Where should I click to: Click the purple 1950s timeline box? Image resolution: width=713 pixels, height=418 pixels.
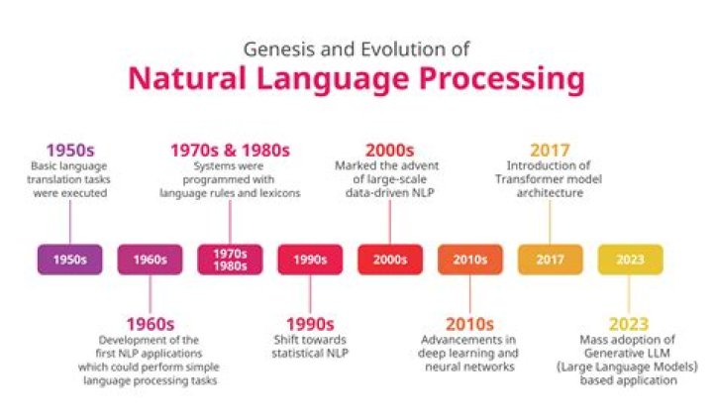69,260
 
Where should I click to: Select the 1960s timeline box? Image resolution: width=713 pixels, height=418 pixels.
150,260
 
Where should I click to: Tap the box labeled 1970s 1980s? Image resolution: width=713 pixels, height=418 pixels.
230,260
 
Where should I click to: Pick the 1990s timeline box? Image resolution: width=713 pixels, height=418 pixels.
310,260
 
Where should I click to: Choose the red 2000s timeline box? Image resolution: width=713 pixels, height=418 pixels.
390,260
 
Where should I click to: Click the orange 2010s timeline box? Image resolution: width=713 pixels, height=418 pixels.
470,260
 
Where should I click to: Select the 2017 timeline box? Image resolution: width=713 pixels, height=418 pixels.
550,260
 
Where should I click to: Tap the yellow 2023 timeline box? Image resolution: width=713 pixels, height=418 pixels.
630,260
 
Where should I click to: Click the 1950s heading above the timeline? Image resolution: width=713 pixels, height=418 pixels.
69,151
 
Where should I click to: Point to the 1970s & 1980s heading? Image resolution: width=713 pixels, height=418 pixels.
230,151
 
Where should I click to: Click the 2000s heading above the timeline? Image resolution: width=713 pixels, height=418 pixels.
390,151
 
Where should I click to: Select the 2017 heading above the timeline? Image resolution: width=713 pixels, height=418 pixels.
550,151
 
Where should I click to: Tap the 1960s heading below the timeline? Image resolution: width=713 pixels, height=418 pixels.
150,323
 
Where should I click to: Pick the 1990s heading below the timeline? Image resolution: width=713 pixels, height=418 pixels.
310,323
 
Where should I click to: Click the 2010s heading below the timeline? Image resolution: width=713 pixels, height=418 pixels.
470,323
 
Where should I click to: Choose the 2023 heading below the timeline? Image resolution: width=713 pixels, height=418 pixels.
630,323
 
